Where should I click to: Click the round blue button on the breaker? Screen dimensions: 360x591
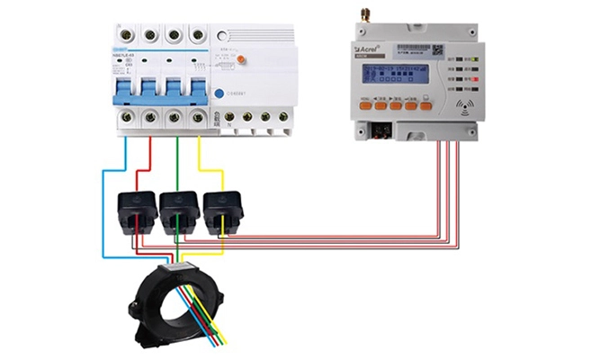218,92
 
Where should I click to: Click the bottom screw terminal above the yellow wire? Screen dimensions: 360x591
197,121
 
